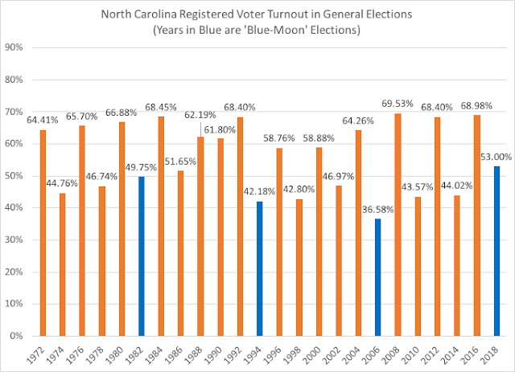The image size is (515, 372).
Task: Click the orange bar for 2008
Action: (398, 225)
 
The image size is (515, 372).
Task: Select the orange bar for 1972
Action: (43, 233)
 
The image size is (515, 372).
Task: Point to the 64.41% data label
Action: (44, 121)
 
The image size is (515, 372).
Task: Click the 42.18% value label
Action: (260, 191)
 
